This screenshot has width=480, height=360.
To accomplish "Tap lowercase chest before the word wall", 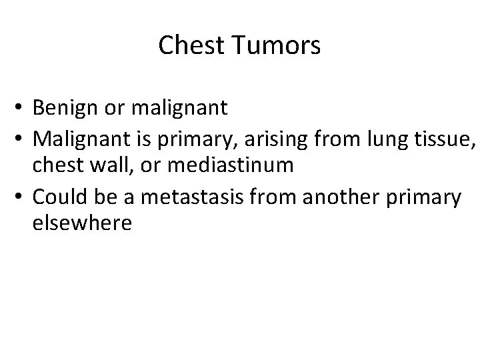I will [x=56, y=165].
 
